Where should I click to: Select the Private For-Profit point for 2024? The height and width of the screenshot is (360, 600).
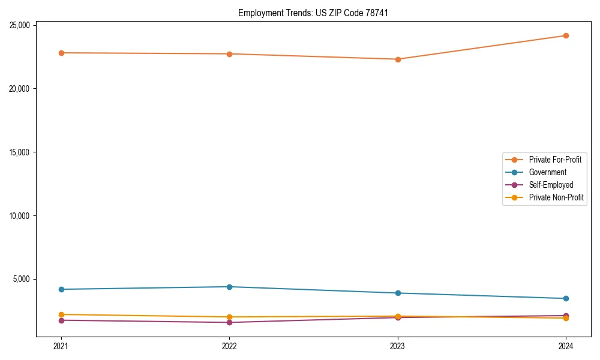click(566, 35)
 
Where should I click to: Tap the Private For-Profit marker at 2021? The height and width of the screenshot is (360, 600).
click(61, 53)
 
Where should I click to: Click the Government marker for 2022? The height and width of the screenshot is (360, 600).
click(229, 287)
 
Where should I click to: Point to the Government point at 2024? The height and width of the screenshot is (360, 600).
click(566, 298)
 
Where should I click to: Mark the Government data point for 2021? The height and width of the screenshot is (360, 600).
click(61, 289)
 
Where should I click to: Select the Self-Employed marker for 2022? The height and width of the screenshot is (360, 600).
click(229, 322)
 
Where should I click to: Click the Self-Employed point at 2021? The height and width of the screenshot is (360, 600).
click(61, 320)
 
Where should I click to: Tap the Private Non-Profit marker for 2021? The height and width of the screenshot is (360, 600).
click(61, 314)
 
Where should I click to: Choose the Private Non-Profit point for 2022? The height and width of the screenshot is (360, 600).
click(229, 317)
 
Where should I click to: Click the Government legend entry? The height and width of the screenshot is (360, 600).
click(547, 172)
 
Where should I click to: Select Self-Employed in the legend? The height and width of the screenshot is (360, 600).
click(551, 185)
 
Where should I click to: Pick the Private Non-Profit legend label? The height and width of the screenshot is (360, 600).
click(556, 197)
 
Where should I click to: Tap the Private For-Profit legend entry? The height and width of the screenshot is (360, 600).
click(555, 160)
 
